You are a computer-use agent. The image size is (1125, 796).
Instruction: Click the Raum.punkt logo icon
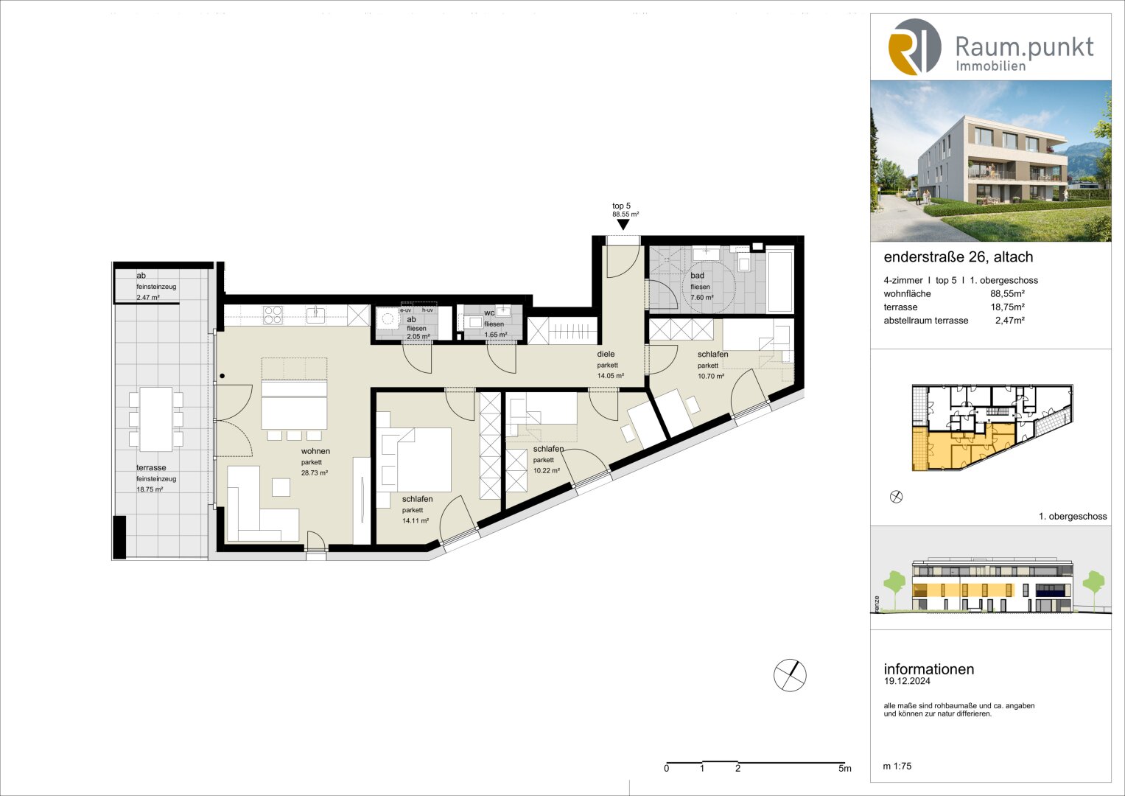[914, 47]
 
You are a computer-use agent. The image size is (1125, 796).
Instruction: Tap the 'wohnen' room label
[315, 451]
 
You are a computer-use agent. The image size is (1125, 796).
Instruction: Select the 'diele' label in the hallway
[606, 355]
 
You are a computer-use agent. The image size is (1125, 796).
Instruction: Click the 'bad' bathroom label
[697, 276]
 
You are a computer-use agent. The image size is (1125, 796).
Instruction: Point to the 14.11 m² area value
[416, 521]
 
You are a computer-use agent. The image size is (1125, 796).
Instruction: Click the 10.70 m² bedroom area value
[711, 377]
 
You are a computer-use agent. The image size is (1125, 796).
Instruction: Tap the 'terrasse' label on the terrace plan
[151, 468]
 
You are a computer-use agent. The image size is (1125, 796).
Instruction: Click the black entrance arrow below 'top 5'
[623, 225]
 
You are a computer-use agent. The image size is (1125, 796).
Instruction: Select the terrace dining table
[156, 419]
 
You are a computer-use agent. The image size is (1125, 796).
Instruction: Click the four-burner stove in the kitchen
[273, 315]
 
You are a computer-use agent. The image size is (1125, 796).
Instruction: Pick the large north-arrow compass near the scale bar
[790, 675]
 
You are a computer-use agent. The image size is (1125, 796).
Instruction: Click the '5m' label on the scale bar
[844, 769]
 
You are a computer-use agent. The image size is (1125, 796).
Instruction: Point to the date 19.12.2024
[907, 682]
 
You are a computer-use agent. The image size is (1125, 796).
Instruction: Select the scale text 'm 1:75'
[897, 767]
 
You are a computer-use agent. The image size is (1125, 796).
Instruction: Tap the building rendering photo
[990, 161]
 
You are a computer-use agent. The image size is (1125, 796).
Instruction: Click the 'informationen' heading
[928, 669]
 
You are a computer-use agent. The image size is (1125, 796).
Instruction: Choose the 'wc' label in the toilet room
[489, 313]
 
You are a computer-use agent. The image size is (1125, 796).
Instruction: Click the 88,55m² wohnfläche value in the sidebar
[1007, 294]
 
